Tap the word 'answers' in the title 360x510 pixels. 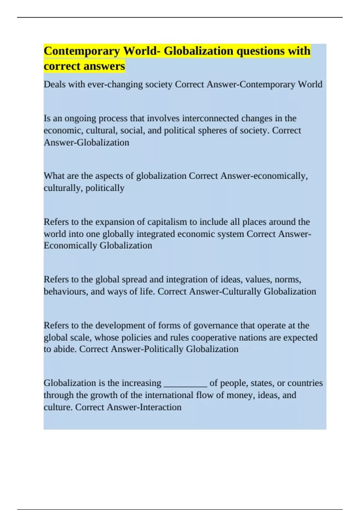[x=104, y=66]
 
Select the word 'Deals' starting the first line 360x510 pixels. [x=55, y=84]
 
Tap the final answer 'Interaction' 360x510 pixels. [x=162, y=407]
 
